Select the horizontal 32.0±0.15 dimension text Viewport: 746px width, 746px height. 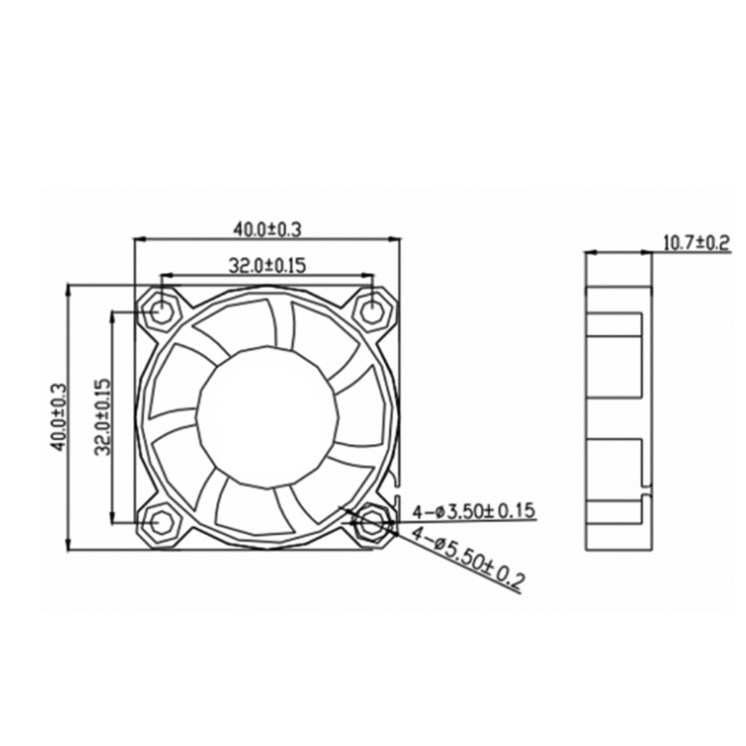point(267,266)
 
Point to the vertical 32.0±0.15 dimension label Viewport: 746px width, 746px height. point(102,417)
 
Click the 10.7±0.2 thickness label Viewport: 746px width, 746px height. point(696,243)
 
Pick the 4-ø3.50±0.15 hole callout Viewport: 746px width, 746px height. point(474,512)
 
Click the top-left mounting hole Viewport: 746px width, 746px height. point(162,312)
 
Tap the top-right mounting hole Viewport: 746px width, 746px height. point(372,312)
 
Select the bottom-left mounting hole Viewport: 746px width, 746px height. point(162,522)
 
